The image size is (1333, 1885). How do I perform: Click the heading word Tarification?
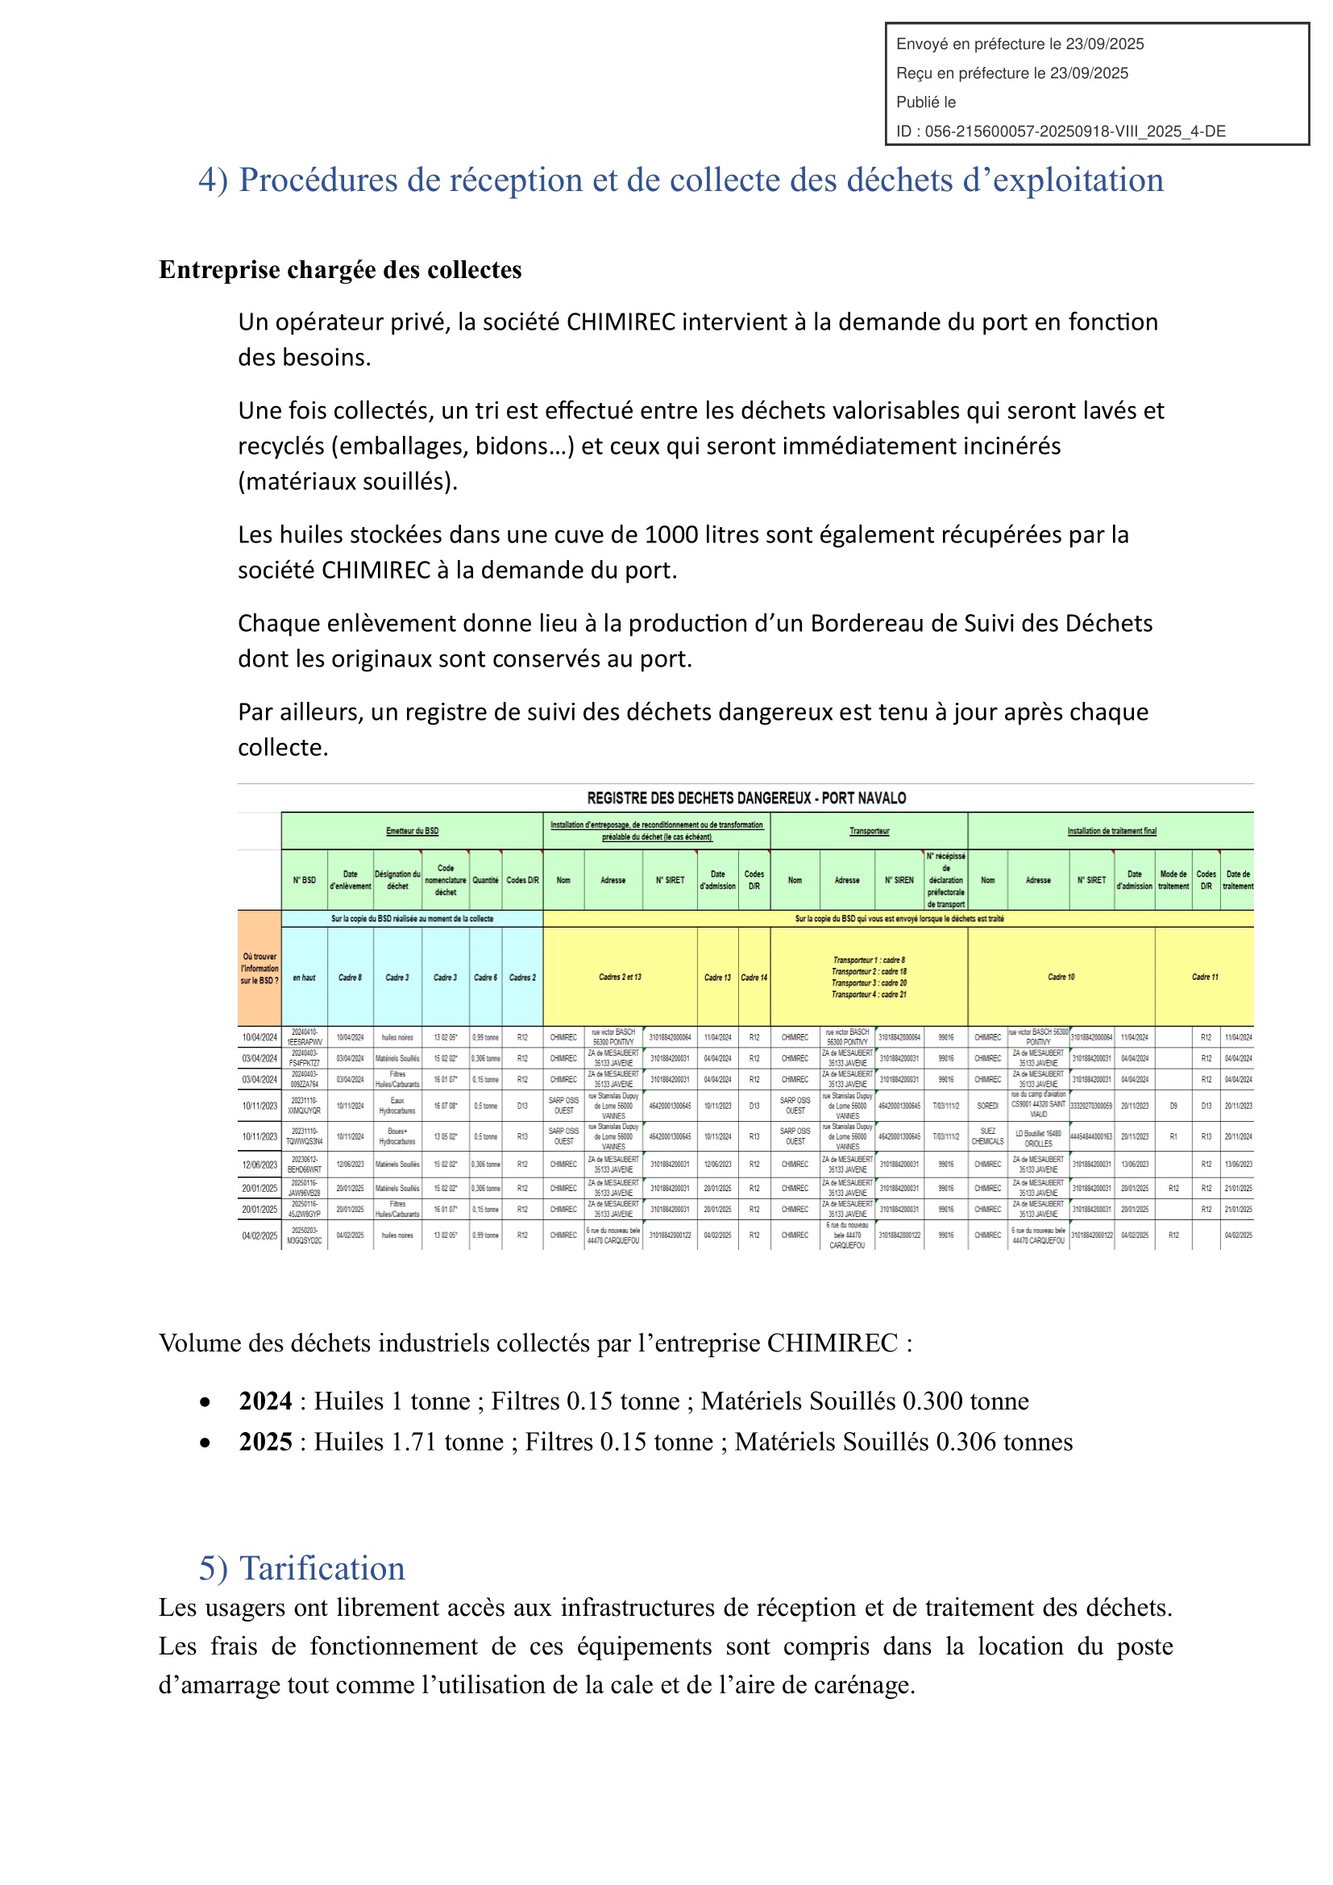click(322, 1568)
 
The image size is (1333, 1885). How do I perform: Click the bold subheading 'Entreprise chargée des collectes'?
click(340, 270)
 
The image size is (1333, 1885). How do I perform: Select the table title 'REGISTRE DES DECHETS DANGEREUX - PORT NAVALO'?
click(746, 798)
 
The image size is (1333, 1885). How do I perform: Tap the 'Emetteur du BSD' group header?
click(412, 831)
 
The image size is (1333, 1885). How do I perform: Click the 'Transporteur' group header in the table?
click(870, 831)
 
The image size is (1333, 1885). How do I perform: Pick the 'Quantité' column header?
click(485, 880)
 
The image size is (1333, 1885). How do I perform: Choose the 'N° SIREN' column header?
click(899, 880)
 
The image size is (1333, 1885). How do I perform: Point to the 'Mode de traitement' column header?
click(1173, 880)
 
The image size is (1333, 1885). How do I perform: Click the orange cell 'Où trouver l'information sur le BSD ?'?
click(260, 969)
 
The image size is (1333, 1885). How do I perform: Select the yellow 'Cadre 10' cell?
click(1061, 977)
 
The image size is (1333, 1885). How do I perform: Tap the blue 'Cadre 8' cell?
click(350, 977)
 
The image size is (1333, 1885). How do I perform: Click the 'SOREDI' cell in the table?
click(987, 1106)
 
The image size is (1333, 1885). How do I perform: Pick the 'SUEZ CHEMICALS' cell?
click(987, 1136)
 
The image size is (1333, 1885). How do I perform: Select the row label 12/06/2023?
click(260, 1165)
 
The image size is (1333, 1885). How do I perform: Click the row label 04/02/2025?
click(260, 1235)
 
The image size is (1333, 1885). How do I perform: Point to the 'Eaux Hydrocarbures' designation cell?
click(397, 1106)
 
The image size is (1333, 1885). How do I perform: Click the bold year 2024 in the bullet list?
click(265, 1401)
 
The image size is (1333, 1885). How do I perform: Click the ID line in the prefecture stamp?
click(1061, 131)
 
